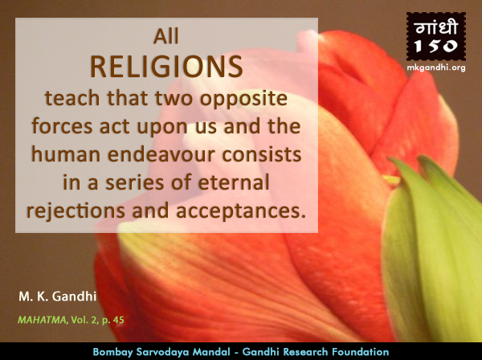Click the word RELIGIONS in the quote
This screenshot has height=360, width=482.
coord(166,67)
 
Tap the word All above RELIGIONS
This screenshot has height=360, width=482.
coord(166,37)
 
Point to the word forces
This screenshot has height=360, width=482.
coord(62,126)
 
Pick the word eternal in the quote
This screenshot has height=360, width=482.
coord(234,182)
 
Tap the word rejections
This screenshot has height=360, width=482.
coord(76,211)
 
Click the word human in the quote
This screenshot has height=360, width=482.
coord(66,154)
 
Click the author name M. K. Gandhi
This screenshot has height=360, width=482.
coord(58,297)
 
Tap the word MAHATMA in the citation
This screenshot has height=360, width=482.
coord(42,320)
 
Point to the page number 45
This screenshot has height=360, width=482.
coord(118,320)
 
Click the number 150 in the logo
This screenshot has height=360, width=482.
coord(436,46)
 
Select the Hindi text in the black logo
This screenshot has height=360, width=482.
coord(436,28)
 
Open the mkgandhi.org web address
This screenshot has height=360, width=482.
coord(436,67)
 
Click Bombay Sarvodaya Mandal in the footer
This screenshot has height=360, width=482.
coord(161,352)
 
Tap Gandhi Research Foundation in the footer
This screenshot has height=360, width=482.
coord(316,352)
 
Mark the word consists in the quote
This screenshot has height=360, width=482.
coord(262,154)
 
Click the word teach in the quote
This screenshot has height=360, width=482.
coord(72,98)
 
